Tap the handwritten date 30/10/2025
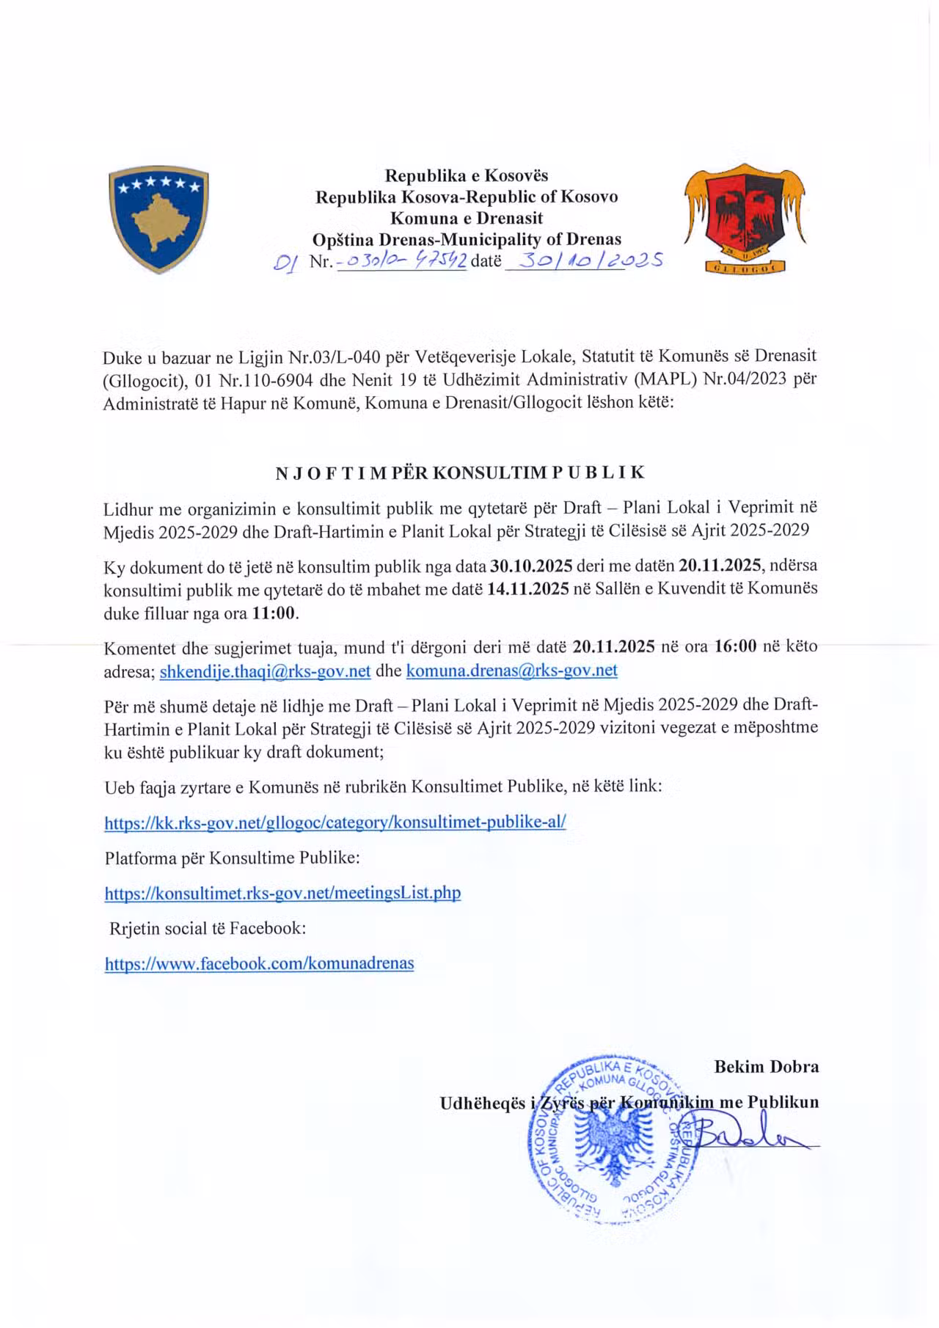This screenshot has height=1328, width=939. coord(584,260)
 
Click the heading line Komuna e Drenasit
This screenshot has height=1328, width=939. coord(467,218)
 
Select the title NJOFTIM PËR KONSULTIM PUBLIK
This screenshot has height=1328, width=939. coord(460,473)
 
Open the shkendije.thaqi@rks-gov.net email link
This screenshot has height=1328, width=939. coord(265,671)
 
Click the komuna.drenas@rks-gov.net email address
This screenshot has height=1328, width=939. coord(511,670)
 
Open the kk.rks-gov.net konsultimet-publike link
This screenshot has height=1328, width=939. coord(335,822)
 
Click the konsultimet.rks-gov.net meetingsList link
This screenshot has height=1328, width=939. coord(282,893)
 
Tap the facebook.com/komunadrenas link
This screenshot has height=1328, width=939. coord(259,963)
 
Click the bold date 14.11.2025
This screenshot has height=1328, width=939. coord(528,590)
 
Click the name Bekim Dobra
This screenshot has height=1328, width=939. coord(766,1067)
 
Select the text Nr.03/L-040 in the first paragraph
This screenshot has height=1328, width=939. coord(332,357)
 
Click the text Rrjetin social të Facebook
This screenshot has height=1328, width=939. coord(208,928)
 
